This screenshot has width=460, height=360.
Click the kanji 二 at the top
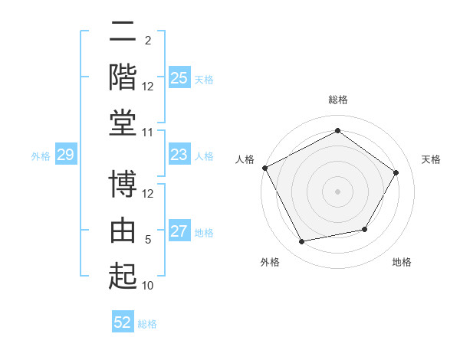coord(123,31)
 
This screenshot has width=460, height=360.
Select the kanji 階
coord(123,77)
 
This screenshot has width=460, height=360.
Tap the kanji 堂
coord(123,123)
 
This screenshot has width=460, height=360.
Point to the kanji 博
coord(123,184)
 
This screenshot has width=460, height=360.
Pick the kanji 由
coord(123,230)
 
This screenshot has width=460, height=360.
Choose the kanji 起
coord(123,276)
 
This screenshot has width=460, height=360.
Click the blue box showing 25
coord(179,77)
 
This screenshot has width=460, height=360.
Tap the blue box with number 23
coord(179,154)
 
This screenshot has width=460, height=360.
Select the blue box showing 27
coord(179,230)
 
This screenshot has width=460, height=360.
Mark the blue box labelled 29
coord(66,154)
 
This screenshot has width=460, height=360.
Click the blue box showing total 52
coord(123,321)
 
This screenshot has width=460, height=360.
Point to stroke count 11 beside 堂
coord(147,133)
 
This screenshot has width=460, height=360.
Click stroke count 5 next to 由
coord(148,240)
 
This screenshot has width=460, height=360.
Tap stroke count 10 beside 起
coord(147,286)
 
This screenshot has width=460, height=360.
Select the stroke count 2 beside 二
coord(148,41)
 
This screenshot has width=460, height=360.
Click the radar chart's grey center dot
coord(337,191)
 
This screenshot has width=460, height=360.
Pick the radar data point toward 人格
coord(265,168)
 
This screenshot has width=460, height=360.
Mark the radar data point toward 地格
coord(365,229)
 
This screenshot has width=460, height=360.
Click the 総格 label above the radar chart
coord(338,100)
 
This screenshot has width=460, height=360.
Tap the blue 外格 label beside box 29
coord(41,156)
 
